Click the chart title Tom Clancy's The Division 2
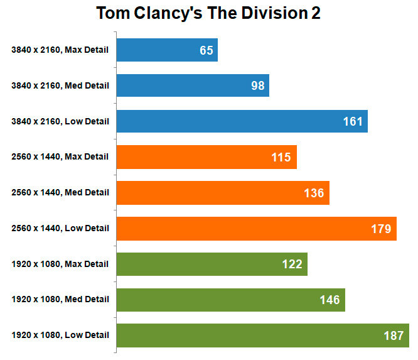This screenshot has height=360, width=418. point(208,14)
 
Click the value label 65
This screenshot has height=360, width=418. point(206,50)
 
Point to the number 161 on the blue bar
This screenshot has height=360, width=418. point(353,121)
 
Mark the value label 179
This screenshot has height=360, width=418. point(381,229)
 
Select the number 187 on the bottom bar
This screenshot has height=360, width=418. point(394,335)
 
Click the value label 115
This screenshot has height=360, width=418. point(281,157)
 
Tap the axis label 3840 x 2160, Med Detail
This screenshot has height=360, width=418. point(60,86)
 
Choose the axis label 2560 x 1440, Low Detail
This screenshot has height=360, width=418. point(60,228)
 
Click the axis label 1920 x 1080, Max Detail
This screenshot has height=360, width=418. point(60,264)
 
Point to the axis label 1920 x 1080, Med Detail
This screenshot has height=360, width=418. point(60,300)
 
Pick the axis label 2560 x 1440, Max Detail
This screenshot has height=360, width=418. point(60,157)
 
